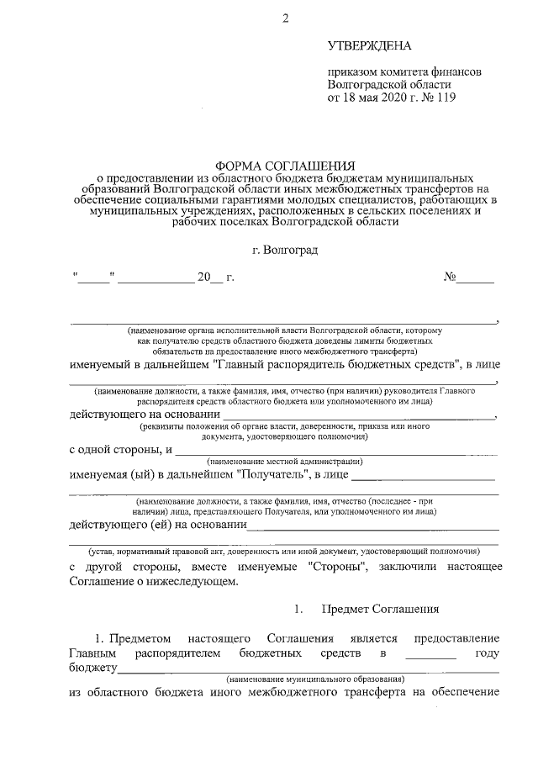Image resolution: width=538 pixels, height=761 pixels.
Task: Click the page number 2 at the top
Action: click(286, 18)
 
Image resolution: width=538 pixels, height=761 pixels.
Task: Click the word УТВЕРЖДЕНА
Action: click(371, 44)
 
